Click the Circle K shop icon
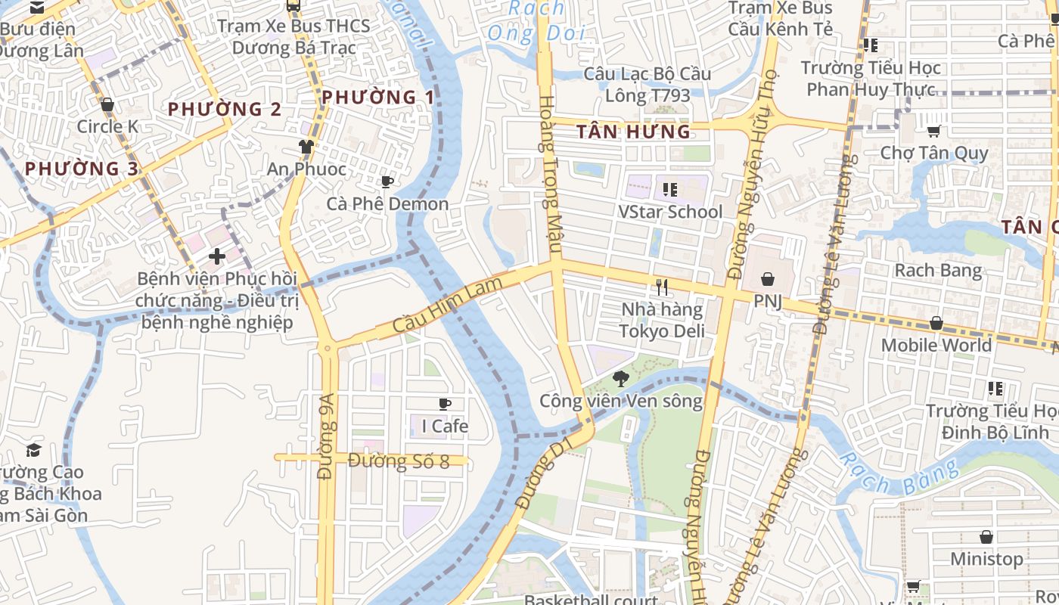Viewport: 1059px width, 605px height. [x=107, y=104]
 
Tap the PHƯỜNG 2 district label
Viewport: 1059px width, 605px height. [x=225, y=109]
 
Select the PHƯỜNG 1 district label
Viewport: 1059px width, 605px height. [x=378, y=98]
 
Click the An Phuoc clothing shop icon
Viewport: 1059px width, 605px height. [x=306, y=147]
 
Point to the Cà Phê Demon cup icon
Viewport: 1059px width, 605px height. [x=387, y=181]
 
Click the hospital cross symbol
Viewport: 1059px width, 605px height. [x=217, y=256]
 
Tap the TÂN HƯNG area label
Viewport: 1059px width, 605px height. [x=633, y=132]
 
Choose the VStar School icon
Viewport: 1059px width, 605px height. [x=669, y=189]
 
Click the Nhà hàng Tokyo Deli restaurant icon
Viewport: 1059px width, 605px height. [x=662, y=287]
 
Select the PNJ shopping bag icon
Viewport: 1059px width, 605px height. [x=767, y=279]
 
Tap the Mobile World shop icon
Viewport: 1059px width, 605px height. [x=936, y=323]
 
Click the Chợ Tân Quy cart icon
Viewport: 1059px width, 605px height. [x=934, y=131]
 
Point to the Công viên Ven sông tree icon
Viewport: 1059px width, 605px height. [x=621, y=378]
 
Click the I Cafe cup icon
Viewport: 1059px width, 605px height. [x=445, y=404]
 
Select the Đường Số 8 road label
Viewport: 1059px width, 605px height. [x=399, y=461]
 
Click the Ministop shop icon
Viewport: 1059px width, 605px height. [x=986, y=537]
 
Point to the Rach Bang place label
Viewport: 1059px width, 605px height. [x=938, y=270]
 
